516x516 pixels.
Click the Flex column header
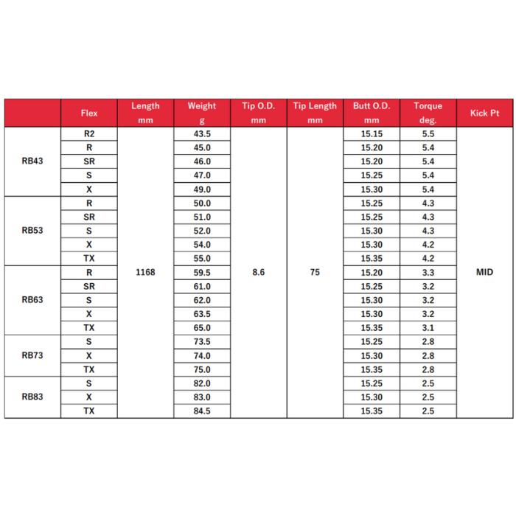point(88,114)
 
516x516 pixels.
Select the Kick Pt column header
point(484,114)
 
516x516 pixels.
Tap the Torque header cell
point(428,113)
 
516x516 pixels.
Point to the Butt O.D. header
point(371,113)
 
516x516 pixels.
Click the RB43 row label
point(32,161)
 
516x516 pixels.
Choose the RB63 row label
point(32,300)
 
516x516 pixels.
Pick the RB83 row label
point(32,397)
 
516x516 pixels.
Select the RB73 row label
point(32,355)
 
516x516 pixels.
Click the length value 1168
point(145,273)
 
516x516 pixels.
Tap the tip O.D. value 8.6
point(258,273)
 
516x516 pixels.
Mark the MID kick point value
point(484,273)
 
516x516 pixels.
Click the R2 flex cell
point(88,134)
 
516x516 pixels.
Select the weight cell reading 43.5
point(201,134)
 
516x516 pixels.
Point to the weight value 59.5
point(201,273)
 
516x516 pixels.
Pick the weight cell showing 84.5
point(201,411)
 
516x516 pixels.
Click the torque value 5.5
point(428,134)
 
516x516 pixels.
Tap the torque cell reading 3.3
point(428,273)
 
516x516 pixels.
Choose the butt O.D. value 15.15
point(371,134)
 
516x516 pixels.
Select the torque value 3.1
point(428,328)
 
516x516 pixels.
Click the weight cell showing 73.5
point(201,342)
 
